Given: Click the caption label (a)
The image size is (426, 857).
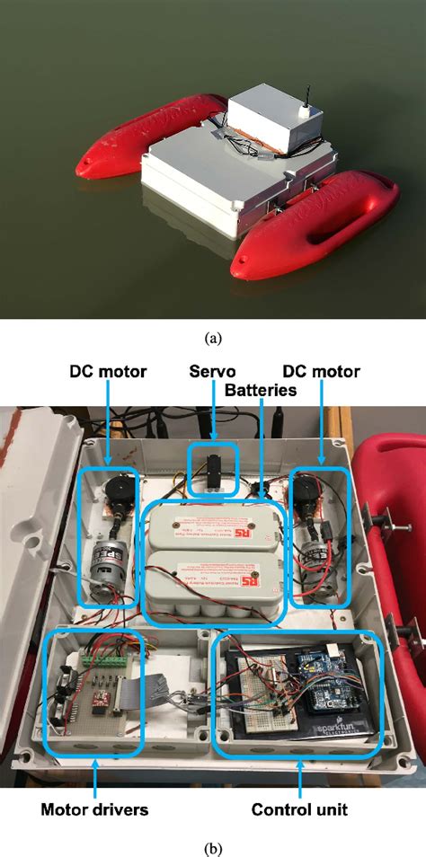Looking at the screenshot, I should (213, 338).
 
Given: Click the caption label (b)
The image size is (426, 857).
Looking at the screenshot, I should (213, 847).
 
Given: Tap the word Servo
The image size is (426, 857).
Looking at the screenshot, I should (215, 371).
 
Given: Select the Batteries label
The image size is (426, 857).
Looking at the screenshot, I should (262, 389).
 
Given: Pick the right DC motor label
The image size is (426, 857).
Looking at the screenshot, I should (321, 371).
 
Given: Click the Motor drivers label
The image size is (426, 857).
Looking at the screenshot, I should (94, 809).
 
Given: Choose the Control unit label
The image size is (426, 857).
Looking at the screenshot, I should (299, 809).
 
